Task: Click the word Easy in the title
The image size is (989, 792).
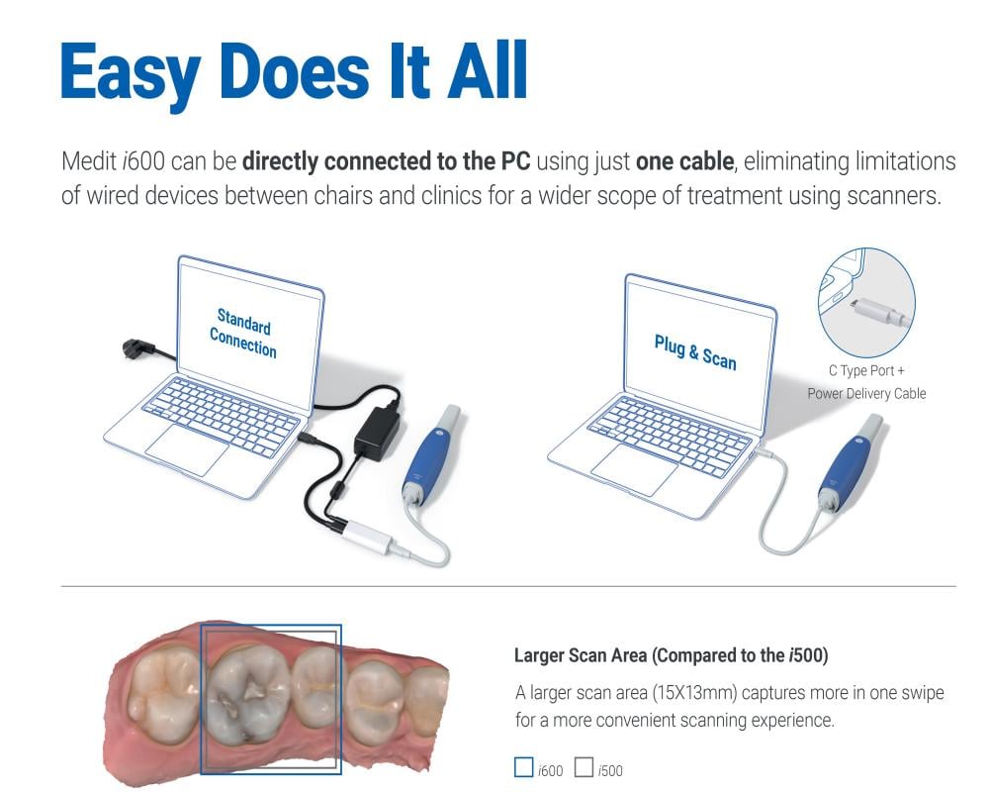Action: point(131,73)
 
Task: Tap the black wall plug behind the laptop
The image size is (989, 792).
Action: point(135,349)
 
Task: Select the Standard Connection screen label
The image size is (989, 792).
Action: point(243,333)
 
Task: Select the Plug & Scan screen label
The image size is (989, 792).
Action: point(695,351)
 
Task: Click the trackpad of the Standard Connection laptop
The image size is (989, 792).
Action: point(187,449)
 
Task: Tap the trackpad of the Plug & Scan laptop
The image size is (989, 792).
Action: point(634,470)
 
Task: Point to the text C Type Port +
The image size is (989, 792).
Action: point(866,370)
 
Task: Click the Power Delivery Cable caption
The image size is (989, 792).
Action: point(866,393)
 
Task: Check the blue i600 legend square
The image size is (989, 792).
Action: point(523,767)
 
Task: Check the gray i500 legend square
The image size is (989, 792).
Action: point(584,767)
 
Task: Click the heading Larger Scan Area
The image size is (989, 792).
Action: point(581,655)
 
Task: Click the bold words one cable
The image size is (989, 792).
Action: point(684,161)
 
